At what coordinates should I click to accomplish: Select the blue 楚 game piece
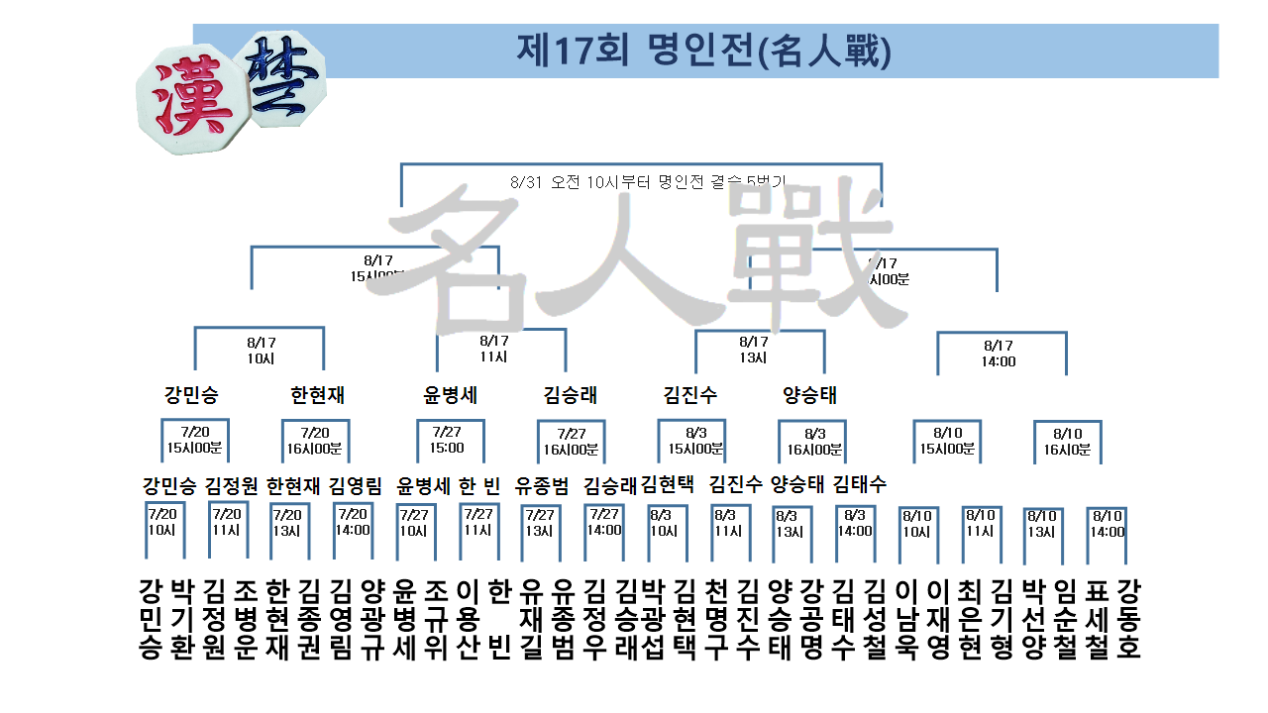[285, 77]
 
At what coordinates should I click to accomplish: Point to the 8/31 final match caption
[649, 182]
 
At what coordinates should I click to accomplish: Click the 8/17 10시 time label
[260, 351]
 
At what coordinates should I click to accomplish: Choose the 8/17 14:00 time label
[999, 354]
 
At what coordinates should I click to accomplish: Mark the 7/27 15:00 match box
[448, 440]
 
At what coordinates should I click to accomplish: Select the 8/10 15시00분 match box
[946, 440]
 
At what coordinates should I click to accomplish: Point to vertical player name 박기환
[181, 619]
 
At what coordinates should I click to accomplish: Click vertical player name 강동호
[1128, 619]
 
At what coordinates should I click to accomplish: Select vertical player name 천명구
[716, 619]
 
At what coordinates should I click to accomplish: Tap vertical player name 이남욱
[905, 619]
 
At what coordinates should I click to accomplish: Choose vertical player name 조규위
[435, 619]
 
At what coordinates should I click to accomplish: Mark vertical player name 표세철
[1098, 619]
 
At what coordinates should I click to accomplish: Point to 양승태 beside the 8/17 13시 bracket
[809, 395]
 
